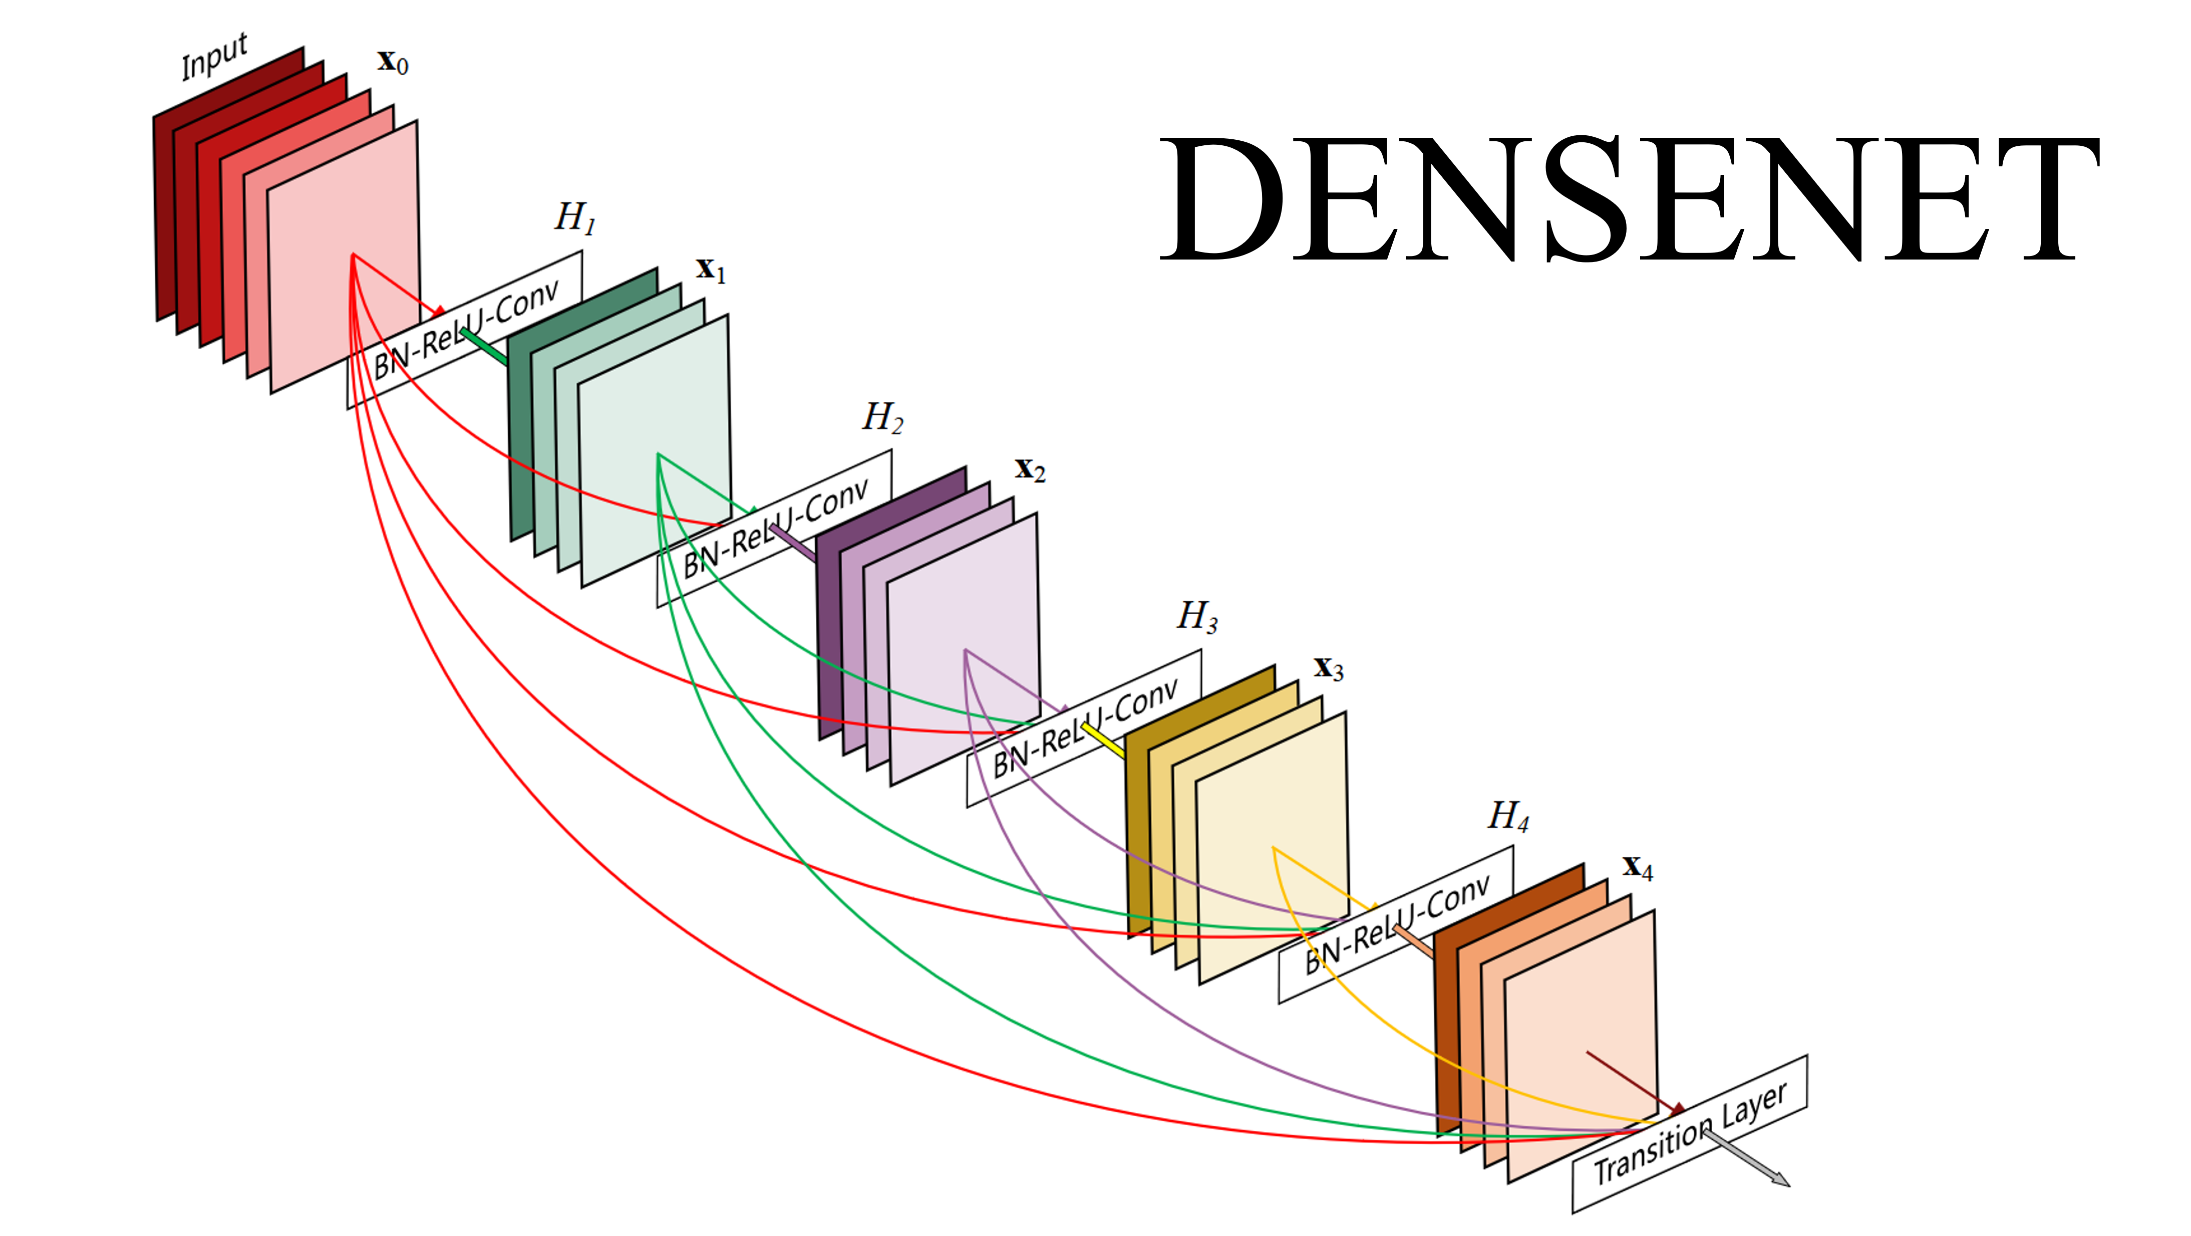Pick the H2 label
click(882, 418)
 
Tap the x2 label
click(1029, 469)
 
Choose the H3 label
click(1197, 616)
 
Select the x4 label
click(1637, 868)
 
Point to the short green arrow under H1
click(485, 347)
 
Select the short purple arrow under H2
click(793, 543)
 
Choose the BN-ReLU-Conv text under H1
click(466, 328)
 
